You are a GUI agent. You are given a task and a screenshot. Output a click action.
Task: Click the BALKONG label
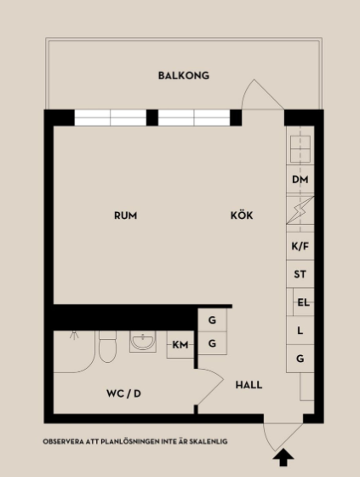coord(184,76)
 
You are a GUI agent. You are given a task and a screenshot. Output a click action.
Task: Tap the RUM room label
coord(126,216)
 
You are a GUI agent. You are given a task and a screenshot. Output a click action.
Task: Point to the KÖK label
coord(242,215)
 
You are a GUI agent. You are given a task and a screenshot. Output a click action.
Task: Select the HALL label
coord(249,385)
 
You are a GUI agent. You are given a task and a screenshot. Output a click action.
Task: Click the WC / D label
coord(123,394)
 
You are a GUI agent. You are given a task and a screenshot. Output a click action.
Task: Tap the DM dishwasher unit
coord(300,180)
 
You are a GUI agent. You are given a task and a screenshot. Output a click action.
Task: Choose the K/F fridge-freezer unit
coord(300,246)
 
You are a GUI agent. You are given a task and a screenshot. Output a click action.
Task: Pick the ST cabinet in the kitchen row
coord(300,274)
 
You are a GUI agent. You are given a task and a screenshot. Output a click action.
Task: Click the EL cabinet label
coord(304,302)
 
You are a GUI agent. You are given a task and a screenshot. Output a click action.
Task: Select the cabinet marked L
coord(300,330)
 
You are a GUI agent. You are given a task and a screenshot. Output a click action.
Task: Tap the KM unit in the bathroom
coord(180,345)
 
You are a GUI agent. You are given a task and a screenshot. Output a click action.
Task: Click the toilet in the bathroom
coord(107,347)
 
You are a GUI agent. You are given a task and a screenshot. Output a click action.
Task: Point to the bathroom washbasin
coord(143,342)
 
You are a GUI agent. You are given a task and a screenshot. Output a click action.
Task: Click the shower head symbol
coord(74,335)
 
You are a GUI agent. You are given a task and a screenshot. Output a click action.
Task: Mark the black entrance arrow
coord(283,457)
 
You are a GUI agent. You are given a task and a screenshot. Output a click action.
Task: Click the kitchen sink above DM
coord(300,149)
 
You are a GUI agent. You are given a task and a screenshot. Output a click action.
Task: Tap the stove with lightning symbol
coord(300,210)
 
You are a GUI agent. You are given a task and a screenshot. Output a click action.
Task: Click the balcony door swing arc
coord(246,90)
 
